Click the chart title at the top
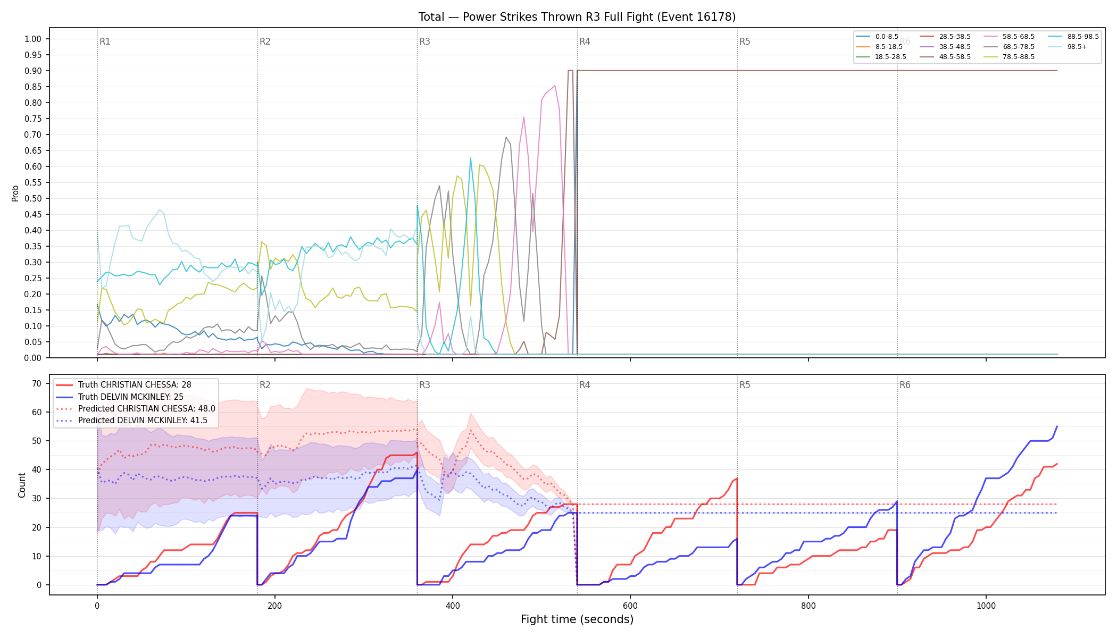pyautogui.click(x=577, y=17)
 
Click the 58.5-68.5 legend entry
pyautogui.click(x=1009, y=37)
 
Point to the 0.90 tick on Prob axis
pyautogui.click(x=33, y=71)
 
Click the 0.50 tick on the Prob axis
pyautogui.click(x=33, y=198)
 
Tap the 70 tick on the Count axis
pyautogui.click(x=37, y=383)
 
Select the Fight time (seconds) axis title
pyautogui.click(x=577, y=619)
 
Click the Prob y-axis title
pyautogui.click(x=15, y=193)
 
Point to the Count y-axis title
pyautogui.click(x=22, y=485)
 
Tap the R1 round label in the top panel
pyautogui.click(x=105, y=41)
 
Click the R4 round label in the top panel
pyautogui.click(x=585, y=41)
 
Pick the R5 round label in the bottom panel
pyautogui.click(x=745, y=385)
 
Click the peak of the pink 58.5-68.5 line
pyautogui.click(x=555, y=86)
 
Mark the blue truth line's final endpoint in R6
pyautogui.click(x=1057, y=426)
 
